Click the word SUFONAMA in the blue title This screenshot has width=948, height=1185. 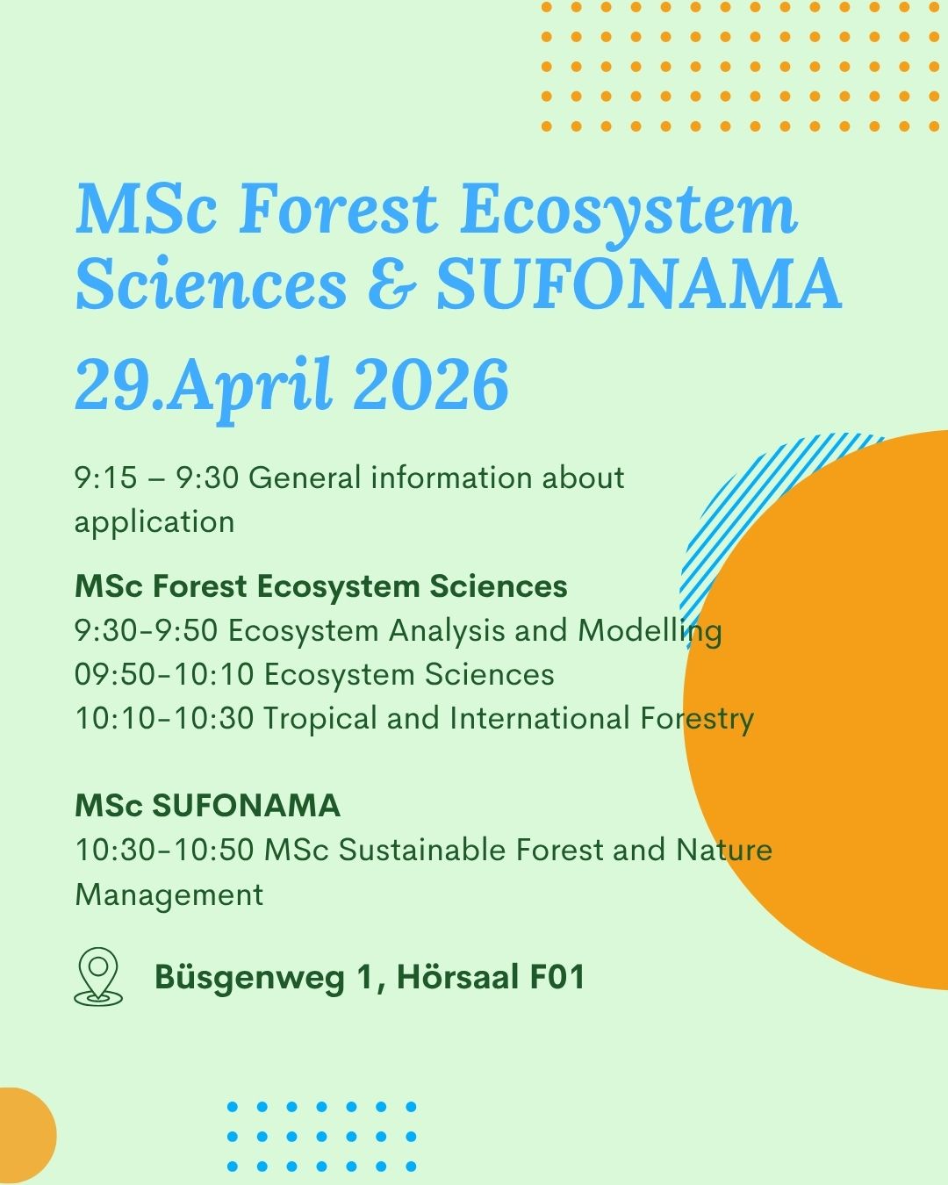[640, 284]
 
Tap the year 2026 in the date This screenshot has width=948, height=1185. [430, 384]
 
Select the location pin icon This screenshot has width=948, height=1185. [98, 977]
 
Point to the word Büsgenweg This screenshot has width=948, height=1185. [249, 979]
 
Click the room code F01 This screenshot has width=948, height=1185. [557, 977]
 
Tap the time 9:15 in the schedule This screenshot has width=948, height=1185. [105, 478]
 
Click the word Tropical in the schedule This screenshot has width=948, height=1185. [319, 720]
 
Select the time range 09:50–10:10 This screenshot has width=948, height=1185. [164, 674]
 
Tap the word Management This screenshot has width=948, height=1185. [169, 896]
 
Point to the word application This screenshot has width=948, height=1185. [154, 522]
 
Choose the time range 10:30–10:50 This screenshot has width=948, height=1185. [164, 850]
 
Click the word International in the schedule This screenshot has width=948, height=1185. [540, 719]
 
